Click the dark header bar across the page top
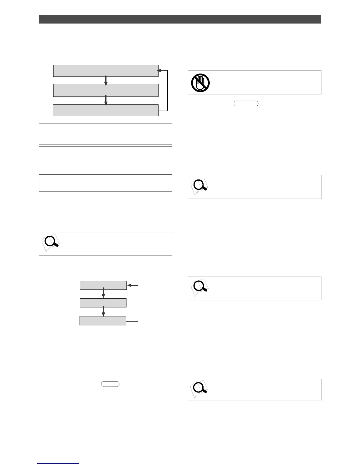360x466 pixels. pyautogui.click(x=180, y=19)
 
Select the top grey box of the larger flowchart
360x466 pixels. pyautogui.click(x=106, y=71)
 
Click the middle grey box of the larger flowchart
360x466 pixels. pyautogui.click(x=106, y=90)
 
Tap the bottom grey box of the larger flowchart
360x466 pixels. pyautogui.click(x=106, y=110)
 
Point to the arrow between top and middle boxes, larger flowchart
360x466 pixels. pyautogui.click(x=106, y=80)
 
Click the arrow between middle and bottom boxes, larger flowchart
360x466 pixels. pyautogui.click(x=106, y=100)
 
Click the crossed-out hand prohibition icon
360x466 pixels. pyautogui.click(x=200, y=82)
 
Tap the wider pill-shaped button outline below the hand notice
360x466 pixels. pyautogui.click(x=246, y=103)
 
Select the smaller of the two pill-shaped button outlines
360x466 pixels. pyautogui.click(x=110, y=384)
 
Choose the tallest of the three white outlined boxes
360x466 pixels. pyautogui.click(x=105, y=161)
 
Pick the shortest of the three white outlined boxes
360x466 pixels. pyautogui.click(x=105, y=184)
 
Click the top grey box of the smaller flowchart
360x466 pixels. pyautogui.click(x=103, y=285)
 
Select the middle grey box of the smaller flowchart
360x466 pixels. pyautogui.click(x=103, y=303)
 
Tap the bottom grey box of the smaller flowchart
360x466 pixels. pyautogui.click(x=103, y=321)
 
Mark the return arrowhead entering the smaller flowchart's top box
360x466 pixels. pyautogui.click(x=129, y=285)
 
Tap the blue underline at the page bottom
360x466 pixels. pyautogui.click(x=58, y=463)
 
